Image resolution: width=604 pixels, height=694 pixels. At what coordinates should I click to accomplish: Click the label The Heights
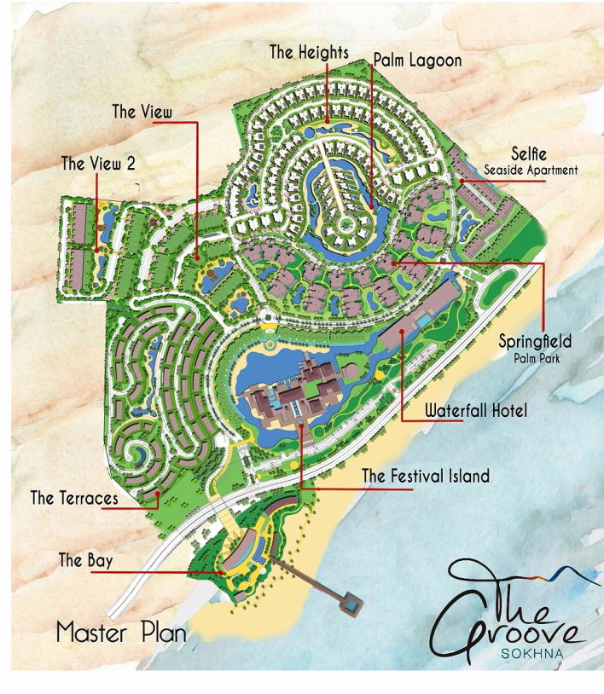click(x=309, y=52)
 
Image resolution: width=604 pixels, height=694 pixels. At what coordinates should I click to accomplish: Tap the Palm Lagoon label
click(x=417, y=61)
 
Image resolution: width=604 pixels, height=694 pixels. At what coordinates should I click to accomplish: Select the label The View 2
click(x=98, y=164)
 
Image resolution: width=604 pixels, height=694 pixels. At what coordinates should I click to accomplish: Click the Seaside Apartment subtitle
click(x=531, y=171)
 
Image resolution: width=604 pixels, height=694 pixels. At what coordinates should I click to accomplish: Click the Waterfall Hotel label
click(x=476, y=411)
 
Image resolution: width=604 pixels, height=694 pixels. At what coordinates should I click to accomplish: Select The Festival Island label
click(x=426, y=476)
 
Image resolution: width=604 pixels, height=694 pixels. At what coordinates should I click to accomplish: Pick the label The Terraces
click(x=74, y=497)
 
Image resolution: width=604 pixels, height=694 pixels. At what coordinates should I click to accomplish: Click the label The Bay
click(x=85, y=560)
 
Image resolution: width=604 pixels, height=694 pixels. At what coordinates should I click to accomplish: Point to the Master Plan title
click(x=121, y=633)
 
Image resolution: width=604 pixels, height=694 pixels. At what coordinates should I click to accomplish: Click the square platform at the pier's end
click(x=350, y=606)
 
